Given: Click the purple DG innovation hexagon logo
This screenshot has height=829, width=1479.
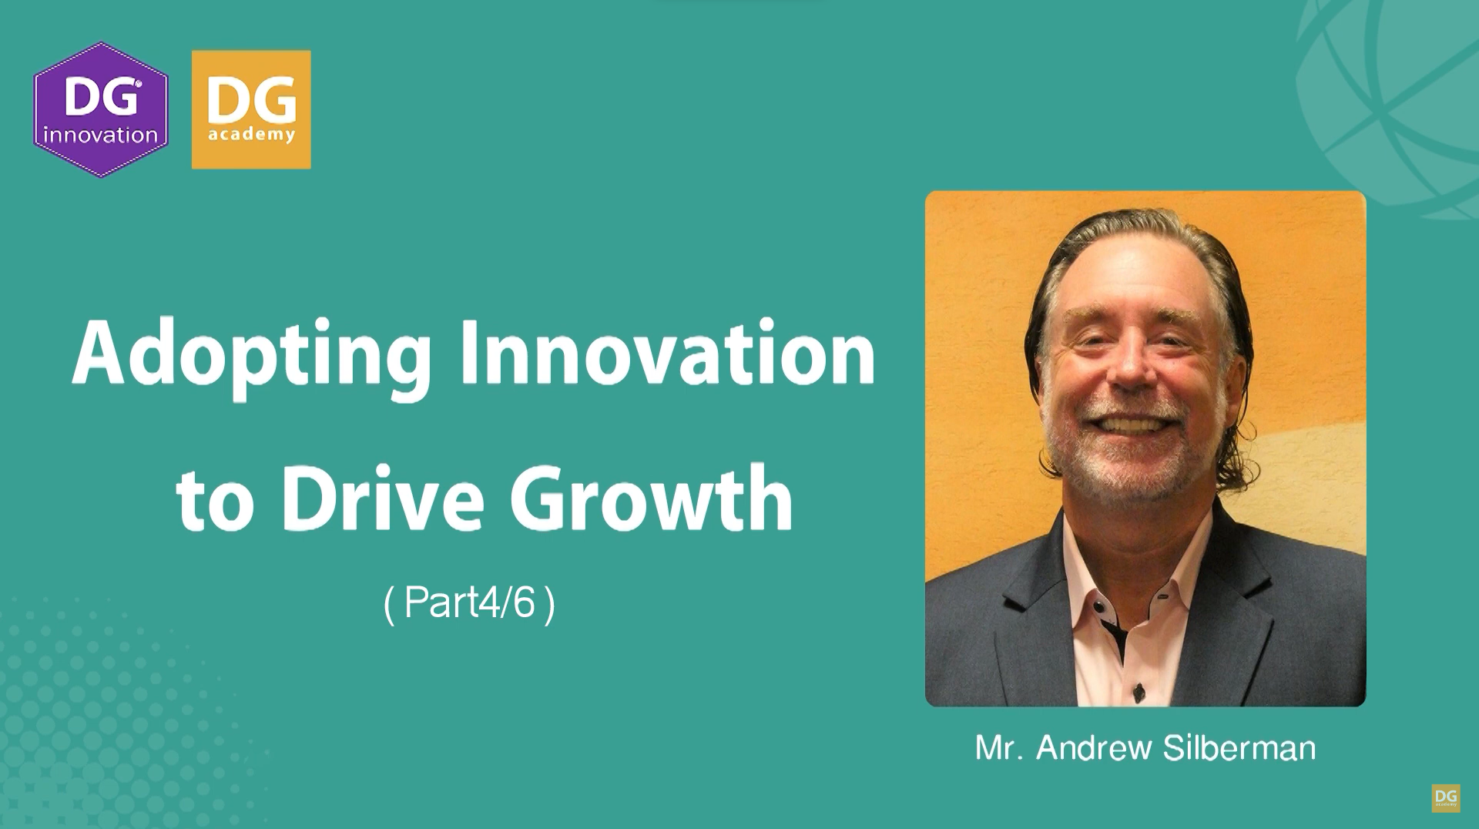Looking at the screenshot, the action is (x=101, y=109).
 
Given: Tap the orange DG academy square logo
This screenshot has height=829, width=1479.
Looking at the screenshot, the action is (x=251, y=109).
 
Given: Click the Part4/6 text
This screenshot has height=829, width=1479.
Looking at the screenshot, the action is (x=469, y=602).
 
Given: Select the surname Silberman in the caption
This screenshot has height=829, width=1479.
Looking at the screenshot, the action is (x=1239, y=747).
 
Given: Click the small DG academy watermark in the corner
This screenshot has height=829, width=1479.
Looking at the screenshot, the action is (x=1446, y=798).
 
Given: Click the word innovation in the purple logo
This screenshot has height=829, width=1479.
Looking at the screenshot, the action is (x=101, y=136).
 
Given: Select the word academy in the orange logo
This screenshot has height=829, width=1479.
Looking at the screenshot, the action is (x=251, y=136).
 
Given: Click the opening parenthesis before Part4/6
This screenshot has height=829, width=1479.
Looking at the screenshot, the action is (x=389, y=604).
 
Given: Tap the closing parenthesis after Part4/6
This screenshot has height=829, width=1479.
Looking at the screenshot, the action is (x=549, y=604).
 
